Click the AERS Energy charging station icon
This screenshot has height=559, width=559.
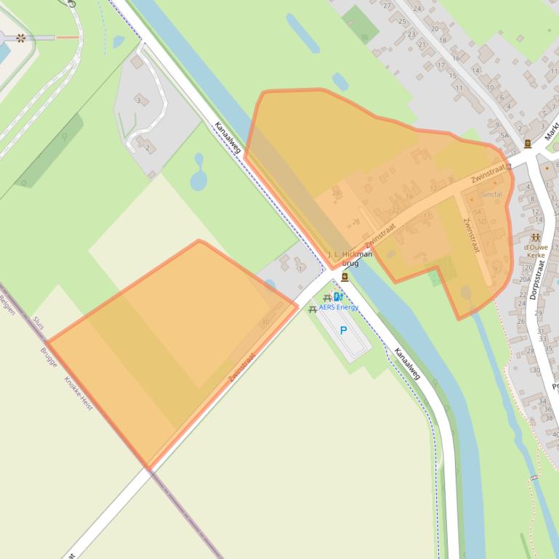339,298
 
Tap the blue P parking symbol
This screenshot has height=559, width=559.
344,331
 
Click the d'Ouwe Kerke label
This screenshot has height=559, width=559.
536,251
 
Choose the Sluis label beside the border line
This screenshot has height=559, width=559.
39,323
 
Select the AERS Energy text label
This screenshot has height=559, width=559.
339,307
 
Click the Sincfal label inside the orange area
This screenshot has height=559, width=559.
491,195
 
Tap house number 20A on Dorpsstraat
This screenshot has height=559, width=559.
525,278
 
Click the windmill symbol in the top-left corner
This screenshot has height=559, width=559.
20,38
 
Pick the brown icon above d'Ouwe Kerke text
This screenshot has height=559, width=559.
536,237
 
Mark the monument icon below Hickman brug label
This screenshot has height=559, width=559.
345,277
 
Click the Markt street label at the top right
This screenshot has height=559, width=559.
552,131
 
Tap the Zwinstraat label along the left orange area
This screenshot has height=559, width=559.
242,367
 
